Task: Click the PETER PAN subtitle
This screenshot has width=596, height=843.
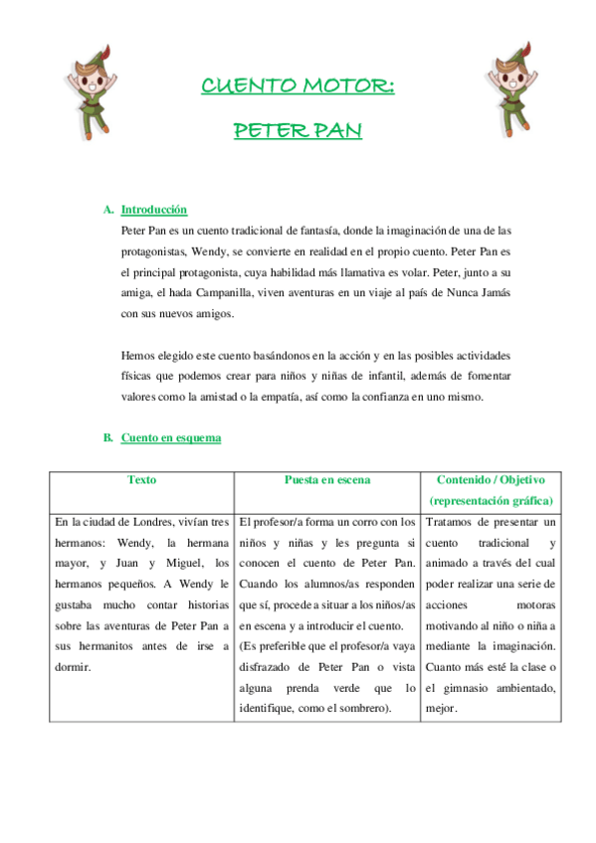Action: [298, 130]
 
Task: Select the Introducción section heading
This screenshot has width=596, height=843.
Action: [154, 210]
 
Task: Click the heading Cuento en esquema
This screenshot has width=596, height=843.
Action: [171, 437]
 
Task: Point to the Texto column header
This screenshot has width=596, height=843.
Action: [142, 480]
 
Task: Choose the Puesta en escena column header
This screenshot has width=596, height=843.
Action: [326, 480]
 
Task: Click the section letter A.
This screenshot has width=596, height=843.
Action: [107, 210]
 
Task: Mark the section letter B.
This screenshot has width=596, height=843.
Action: [107, 437]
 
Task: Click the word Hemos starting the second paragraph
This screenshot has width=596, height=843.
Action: [138, 354]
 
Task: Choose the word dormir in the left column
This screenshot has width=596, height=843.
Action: [73, 667]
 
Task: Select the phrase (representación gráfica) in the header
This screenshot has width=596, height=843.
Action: [492, 501]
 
